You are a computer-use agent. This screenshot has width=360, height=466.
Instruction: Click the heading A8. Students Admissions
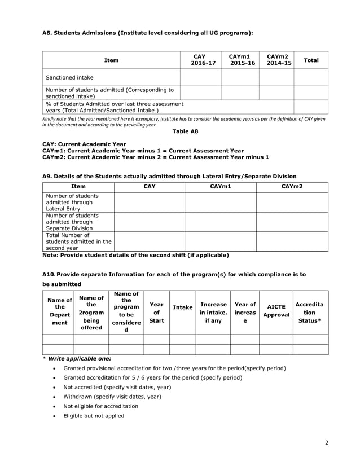coord(148,33)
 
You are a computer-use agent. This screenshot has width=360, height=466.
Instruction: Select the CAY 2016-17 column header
coord(200,60)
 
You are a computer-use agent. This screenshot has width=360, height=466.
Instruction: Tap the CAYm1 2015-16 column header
coord(239,60)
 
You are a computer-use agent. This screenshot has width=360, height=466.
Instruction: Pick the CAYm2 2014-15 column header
coord(276,60)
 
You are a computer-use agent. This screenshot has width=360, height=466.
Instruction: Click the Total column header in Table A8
coord(310,60)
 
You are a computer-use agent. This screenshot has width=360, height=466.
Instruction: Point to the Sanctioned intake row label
coord(70,77)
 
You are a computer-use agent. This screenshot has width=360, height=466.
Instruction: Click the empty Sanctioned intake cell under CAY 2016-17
coord(200,77)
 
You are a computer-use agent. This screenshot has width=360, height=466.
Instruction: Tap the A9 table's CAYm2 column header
coord(292,186)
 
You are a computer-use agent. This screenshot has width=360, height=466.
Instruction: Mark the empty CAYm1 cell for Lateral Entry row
coord(220,202)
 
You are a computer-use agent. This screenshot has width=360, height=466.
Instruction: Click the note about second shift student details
coord(135,255)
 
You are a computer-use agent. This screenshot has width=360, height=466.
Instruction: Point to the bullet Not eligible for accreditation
coord(100,406)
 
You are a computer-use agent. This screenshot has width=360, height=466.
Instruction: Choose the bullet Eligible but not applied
coord(94,416)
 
